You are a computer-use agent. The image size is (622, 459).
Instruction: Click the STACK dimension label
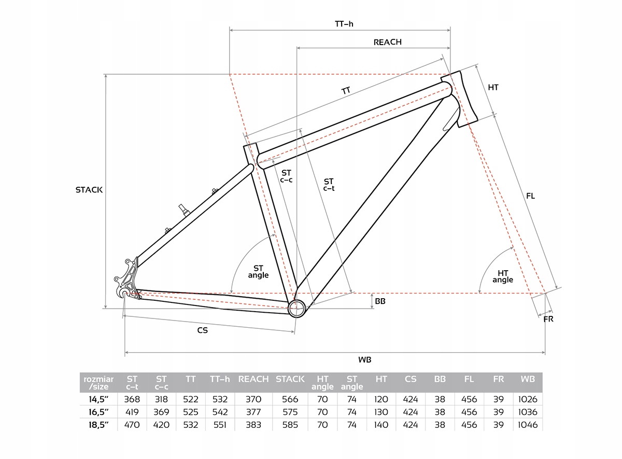pyautogui.click(x=89, y=190)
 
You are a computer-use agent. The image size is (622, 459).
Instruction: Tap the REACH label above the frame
pyautogui.click(x=387, y=42)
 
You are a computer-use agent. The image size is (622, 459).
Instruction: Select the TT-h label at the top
pyautogui.click(x=344, y=23)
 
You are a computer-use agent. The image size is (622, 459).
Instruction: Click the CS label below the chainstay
pyautogui.click(x=202, y=330)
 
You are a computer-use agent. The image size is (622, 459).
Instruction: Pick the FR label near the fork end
pyautogui.click(x=548, y=319)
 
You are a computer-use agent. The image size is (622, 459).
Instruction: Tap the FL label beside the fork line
pyautogui.click(x=530, y=196)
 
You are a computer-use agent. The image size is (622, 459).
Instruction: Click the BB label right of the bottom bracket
pyautogui.click(x=379, y=301)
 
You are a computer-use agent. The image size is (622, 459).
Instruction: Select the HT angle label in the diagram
pyautogui.click(x=502, y=276)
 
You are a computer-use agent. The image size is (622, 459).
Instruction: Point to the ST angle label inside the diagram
pyautogui.click(x=258, y=271)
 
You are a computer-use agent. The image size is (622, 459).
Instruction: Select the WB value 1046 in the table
pyautogui.click(x=527, y=425)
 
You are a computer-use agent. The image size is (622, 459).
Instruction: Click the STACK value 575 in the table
pyautogui.click(x=290, y=412)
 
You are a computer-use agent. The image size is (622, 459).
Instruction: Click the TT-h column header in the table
pyautogui.click(x=220, y=379)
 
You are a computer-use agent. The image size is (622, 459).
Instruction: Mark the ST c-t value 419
pyautogui.click(x=132, y=412)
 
